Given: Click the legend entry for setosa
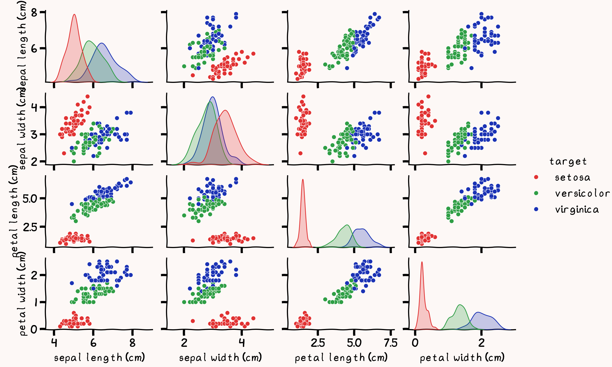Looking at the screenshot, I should (572, 177).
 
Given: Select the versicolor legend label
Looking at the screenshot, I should (582, 194).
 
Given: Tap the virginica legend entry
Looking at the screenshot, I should (577, 210).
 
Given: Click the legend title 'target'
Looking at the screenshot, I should (568, 161).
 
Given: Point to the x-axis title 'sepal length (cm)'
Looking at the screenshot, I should (99, 358).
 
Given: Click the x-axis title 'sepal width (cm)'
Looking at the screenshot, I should (220, 358).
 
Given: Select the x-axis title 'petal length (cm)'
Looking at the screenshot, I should (341, 358).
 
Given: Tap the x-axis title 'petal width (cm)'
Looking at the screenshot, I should (462, 358).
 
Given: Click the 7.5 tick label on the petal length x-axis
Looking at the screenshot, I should (391, 343).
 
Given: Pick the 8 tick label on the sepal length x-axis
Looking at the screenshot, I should (132, 343).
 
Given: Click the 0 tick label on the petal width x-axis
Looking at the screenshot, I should (415, 343).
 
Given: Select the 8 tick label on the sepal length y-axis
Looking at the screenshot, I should (34, 12).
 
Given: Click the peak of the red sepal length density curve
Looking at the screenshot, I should (74, 14).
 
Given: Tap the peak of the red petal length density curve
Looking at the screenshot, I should (303, 180).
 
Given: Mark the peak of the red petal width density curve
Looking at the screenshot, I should (422, 262).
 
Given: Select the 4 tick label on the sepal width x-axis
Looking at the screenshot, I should (241, 343).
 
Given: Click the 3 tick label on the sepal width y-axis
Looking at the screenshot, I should (34, 134).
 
